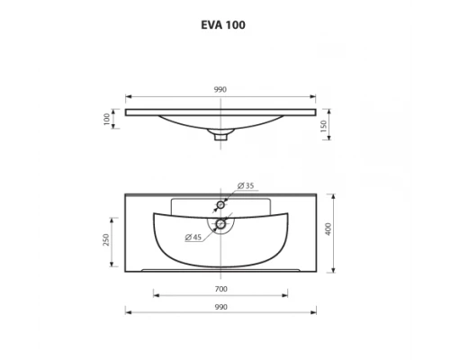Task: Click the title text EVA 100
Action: click(221, 25)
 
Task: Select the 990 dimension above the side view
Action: click(220, 89)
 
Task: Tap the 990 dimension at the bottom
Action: click(220, 307)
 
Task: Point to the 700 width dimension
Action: click(220, 288)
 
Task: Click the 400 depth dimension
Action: click(329, 229)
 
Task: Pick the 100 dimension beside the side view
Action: click(106, 118)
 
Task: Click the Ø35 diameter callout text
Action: click(247, 185)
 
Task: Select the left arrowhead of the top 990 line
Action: click(127, 96)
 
